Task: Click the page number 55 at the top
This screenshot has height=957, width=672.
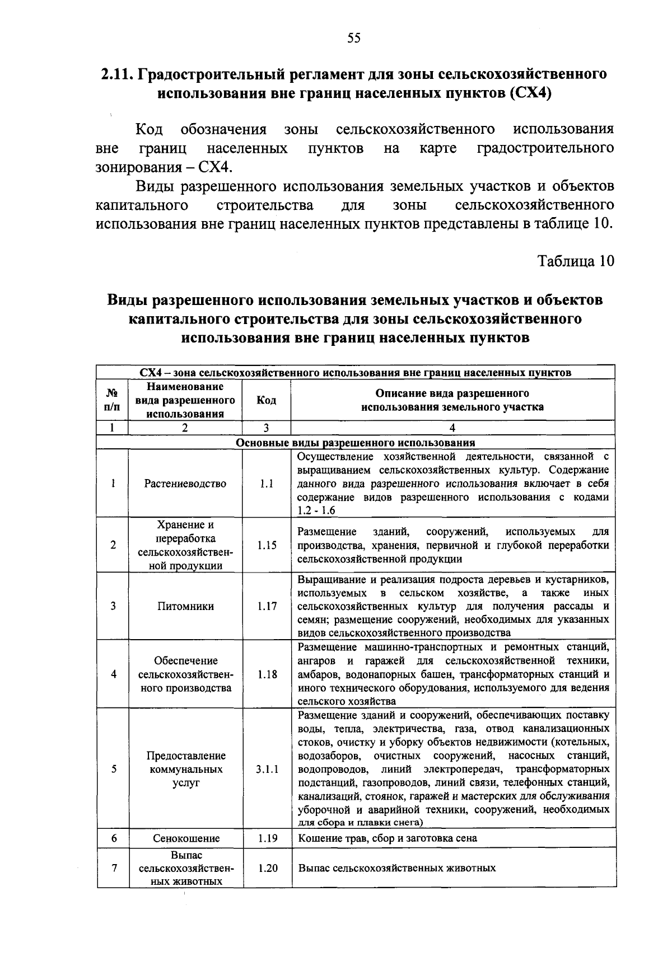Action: click(x=354, y=38)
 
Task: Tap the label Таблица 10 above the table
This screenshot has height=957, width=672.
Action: click(x=576, y=261)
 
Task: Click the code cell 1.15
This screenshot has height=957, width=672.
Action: click(x=267, y=545)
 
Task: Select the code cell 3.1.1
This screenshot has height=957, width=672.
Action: click(x=267, y=769)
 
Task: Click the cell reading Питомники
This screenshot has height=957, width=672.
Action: click(x=185, y=606)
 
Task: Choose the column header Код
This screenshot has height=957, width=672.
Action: click(x=266, y=400)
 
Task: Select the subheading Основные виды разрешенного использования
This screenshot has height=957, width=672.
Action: click(x=356, y=443)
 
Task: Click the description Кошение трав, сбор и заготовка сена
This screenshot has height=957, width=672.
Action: click(x=387, y=838)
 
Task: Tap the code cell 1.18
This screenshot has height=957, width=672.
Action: click(x=267, y=674)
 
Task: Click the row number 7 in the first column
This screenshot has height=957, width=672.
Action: click(x=113, y=868)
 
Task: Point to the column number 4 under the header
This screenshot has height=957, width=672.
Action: click(x=452, y=428)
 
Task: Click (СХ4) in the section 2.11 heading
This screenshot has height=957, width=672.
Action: click(x=530, y=93)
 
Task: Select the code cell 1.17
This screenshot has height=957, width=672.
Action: click(x=267, y=606)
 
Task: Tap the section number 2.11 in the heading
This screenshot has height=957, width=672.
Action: click(x=117, y=74)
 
